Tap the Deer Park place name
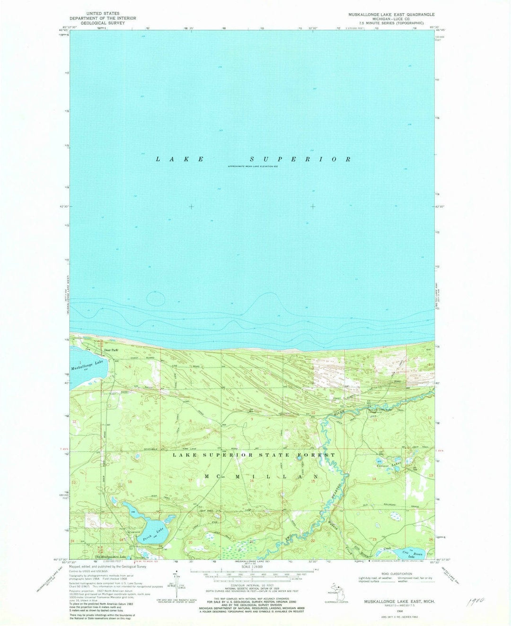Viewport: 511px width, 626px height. point(111,350)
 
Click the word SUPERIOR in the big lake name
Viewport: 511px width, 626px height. point(300,159)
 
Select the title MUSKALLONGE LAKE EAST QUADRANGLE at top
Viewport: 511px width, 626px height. point(391,15)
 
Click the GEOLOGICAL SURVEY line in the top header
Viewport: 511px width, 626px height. point(103,23)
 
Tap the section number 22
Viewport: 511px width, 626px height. point(313,540)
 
